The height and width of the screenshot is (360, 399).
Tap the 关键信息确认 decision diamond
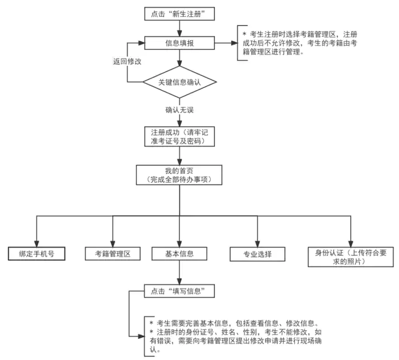pyautogui.click(x=179, y=82)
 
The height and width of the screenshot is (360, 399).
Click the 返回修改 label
pyautogui.click(x=127, y=61)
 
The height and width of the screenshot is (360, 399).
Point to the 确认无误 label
pyautogui.click(x=180, y=110)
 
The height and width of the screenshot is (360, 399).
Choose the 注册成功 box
pyautogui.click(x=179, y=136)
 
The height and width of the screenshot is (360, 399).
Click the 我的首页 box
pyautogui.click(x=179, y=174)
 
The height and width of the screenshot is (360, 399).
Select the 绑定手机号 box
pyautogui.click(x=37, y=254)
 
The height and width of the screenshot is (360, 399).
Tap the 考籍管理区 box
pyautogui.click(x=113, y=254)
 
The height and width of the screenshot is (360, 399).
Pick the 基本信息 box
pyautogui.click(x=179, y=254)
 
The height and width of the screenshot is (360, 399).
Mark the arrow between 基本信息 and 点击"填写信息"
pyautogui.click(x=179, y=273)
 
